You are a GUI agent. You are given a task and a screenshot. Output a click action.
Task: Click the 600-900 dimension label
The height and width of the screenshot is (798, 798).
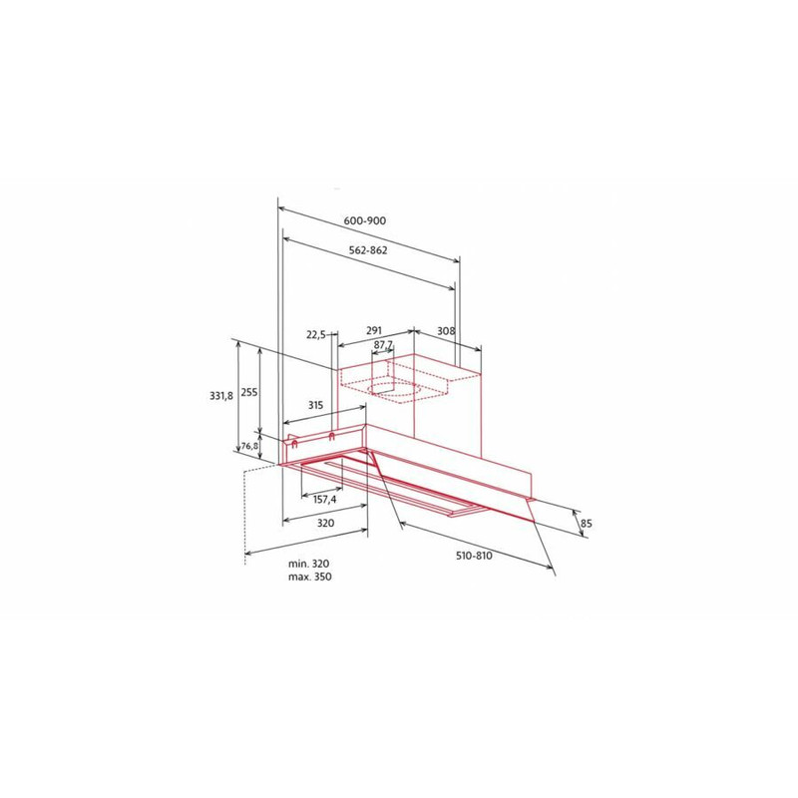coord(365,220)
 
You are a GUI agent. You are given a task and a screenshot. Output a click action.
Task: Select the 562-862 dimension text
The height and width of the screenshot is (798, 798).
coord(368,250)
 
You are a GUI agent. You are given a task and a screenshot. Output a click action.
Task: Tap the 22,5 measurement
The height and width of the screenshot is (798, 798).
coord(316,335)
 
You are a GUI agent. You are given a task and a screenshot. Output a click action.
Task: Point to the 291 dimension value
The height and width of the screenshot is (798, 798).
coord(374,331)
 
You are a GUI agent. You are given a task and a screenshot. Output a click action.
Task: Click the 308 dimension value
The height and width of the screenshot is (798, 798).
coord(446,331)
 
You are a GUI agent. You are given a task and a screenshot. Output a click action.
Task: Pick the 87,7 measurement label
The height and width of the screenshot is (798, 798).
coord(383,344)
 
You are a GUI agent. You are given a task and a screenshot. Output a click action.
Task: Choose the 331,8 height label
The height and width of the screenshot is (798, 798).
coord(221,395)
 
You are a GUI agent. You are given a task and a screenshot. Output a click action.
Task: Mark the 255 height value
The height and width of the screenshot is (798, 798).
coord(249,393)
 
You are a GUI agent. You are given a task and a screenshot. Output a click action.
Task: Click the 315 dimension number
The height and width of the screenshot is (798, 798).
coord(315,406)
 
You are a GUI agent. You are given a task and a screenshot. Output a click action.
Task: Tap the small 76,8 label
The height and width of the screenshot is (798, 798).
coord(249,446)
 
